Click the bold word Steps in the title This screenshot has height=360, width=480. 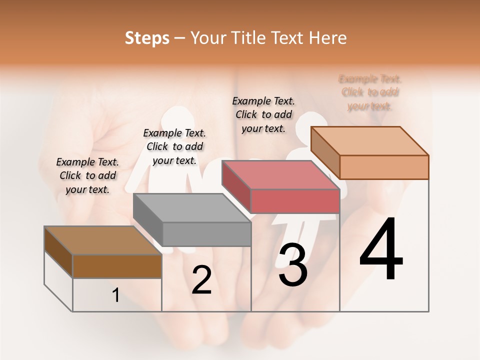147,38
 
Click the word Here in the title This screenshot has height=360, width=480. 328,38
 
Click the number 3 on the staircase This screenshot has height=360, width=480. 293,264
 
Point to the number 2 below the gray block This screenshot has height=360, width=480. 201,280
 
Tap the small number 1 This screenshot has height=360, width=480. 116,295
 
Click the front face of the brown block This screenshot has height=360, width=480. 117,266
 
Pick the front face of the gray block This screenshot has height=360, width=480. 206,234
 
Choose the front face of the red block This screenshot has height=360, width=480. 295,201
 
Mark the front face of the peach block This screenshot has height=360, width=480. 384,167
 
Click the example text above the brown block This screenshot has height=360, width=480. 87,175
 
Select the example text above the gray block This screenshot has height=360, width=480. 174,146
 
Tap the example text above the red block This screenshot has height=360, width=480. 263,114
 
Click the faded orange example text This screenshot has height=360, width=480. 370,92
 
